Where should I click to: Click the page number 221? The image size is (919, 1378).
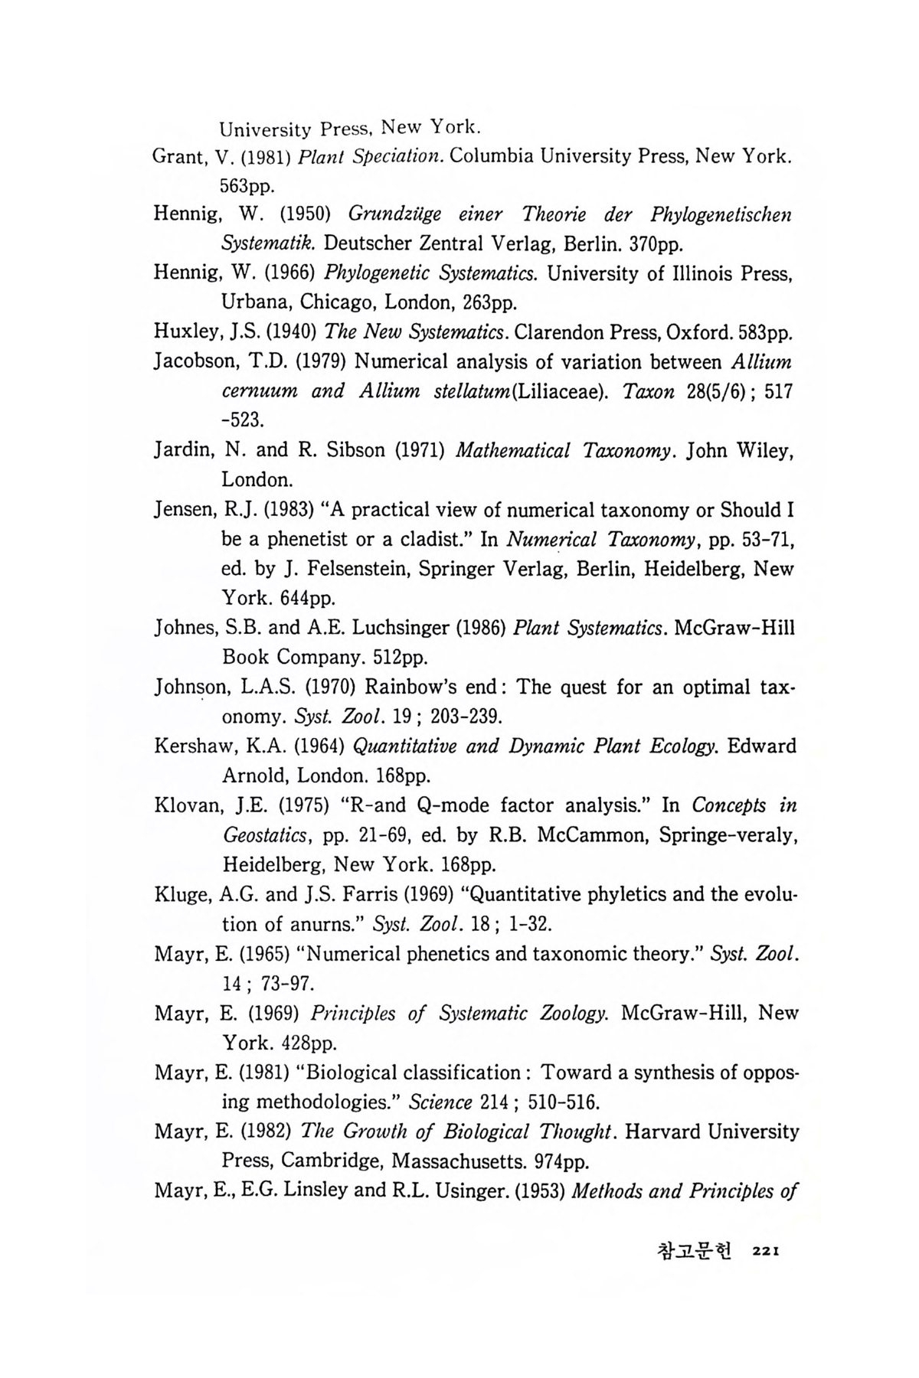pyautogui.click(x=766, y=1251)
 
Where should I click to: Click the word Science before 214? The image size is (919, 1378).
pyautogui.click(x=440, y=1103)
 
